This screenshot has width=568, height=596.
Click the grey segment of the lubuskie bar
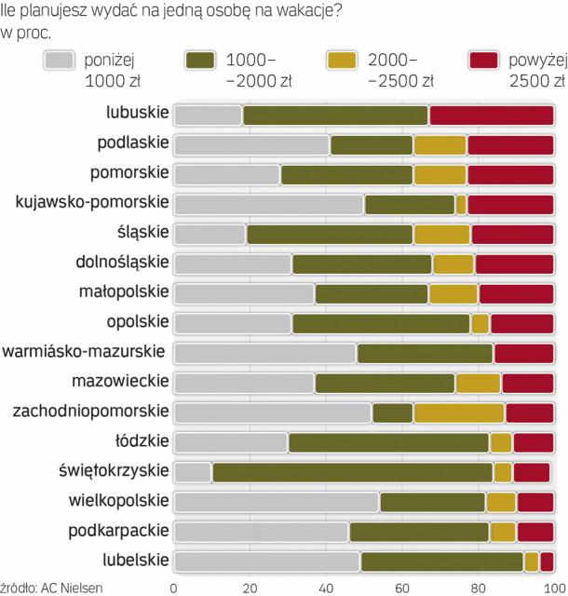click(208, 115)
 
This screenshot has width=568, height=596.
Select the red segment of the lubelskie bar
click(548, 562)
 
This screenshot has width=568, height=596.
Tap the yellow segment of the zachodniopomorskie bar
click(459, 413)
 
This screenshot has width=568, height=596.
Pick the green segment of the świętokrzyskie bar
click(353, 472)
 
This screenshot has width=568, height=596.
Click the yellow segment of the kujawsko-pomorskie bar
click(461, 204)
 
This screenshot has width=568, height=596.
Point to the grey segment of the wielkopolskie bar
click(277, 502)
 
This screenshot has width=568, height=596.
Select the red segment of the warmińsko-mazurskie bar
click(524, 353)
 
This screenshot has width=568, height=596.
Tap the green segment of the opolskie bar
click(380, 323)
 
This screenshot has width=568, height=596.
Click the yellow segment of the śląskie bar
click(442, 234)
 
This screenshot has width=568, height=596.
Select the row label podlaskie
click(133, 143)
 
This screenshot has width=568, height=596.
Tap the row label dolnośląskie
click(123, 263)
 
